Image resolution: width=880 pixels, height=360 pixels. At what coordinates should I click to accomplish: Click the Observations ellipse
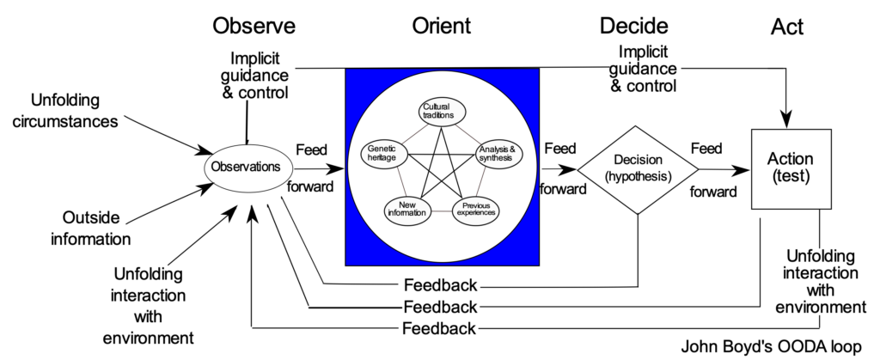247,167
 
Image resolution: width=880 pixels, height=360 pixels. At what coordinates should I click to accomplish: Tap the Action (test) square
791,168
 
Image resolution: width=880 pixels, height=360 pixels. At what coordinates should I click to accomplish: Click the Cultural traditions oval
442,112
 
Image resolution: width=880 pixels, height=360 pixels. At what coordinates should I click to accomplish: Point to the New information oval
407,210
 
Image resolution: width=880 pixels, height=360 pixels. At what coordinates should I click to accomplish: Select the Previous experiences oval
476,210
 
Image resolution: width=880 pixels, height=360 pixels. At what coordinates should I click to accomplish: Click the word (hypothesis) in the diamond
637,176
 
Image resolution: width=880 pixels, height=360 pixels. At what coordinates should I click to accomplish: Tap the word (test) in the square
791,176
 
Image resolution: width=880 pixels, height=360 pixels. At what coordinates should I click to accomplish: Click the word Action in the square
791,160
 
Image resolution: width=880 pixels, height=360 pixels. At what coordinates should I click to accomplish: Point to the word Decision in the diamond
637,160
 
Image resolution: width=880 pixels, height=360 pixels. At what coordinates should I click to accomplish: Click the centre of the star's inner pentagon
442,170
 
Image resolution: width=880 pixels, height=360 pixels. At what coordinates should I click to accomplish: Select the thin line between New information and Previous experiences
442,211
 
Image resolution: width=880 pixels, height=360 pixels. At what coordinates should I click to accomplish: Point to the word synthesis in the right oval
496,158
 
